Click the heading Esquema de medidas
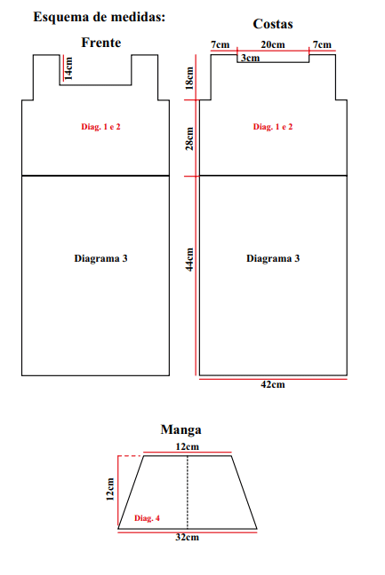(100, 17)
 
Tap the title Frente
(101, 43)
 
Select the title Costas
(273, 24)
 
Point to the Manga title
(180, 429)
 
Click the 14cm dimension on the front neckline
(68, 68)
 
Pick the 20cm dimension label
(273, 44)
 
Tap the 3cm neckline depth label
(250, 58)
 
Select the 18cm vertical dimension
(189, 78)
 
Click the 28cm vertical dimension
(189, 138)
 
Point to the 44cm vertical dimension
(189, 259)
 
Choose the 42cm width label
(273, 385)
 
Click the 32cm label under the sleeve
(187, 537)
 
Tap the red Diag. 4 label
(147, 518)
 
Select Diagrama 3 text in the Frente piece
(100, 258)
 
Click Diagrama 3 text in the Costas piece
(273, 258)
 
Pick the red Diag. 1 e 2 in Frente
(100, 127)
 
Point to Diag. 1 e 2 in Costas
(273, 127)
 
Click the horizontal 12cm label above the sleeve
(187, 446)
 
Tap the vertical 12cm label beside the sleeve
(110, 489)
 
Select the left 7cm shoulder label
(220, 44)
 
